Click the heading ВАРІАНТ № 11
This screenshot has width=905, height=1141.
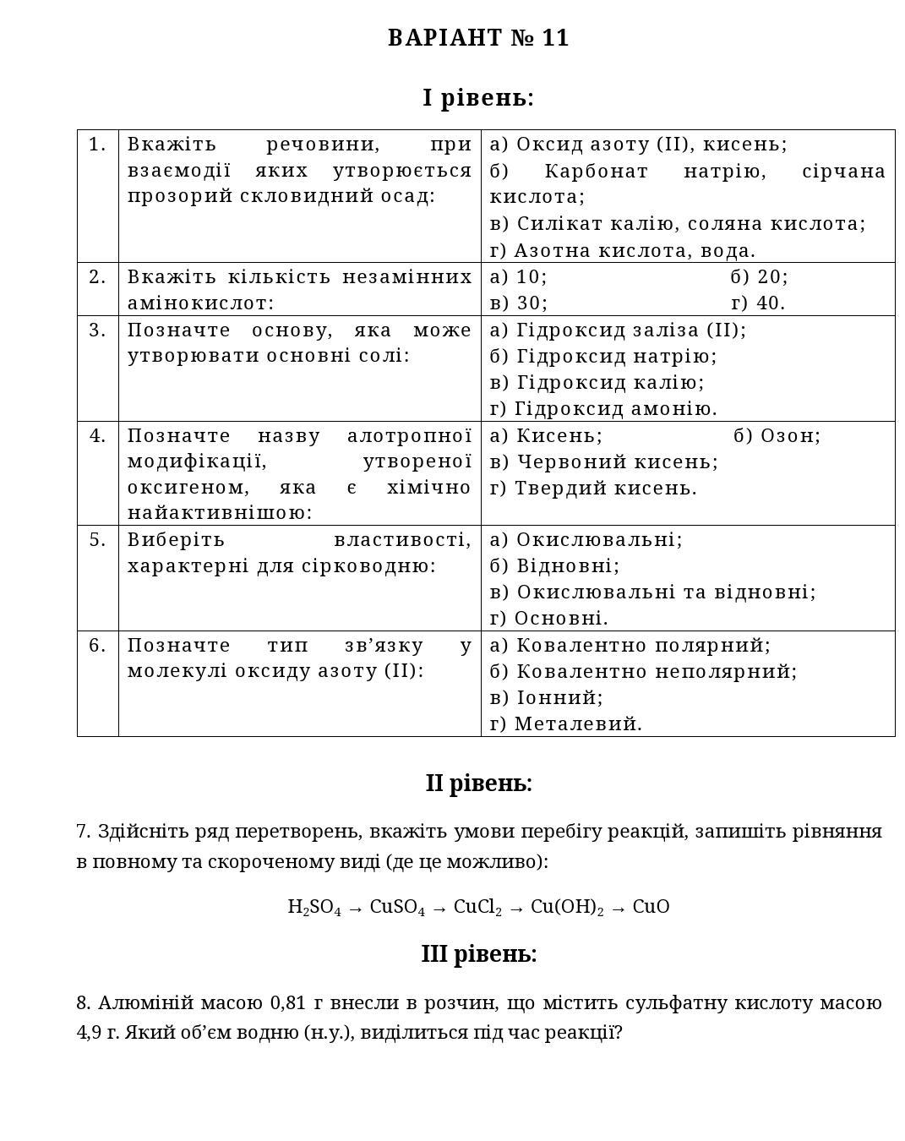[478, 38]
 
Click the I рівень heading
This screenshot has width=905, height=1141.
[478, 98]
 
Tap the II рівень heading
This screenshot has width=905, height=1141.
[478, 783]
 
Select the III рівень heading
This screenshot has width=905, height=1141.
[478, 954]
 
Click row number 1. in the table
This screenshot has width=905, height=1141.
[97, 145]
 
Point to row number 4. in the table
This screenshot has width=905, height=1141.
[97, 436]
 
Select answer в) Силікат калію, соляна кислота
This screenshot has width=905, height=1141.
[678, 224]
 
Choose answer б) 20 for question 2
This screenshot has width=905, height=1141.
[759, 277]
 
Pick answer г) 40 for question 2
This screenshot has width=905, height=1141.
[758, 303]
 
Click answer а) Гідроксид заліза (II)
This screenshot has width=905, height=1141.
[618, 330]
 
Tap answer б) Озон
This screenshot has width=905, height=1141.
[777, 436]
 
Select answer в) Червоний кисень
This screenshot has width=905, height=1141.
[603, 462]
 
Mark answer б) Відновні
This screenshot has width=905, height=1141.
[554, 565]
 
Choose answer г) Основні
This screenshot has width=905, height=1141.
[548, 619]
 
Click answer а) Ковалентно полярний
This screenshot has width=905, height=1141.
[630, 646]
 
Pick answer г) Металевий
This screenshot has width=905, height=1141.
[565, 724]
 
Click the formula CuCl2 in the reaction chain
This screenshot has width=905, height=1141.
[477, 908]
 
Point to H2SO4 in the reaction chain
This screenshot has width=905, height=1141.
[314, 908]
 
